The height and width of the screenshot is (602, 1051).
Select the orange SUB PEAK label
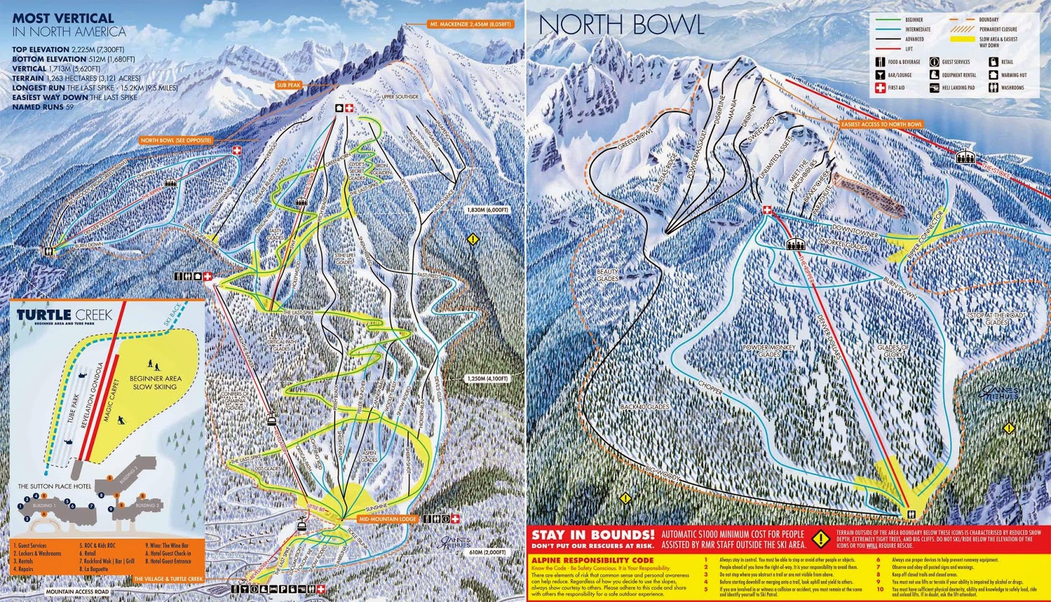(x=288, y=85)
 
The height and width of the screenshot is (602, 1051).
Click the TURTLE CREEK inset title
(x=56, y=314)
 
